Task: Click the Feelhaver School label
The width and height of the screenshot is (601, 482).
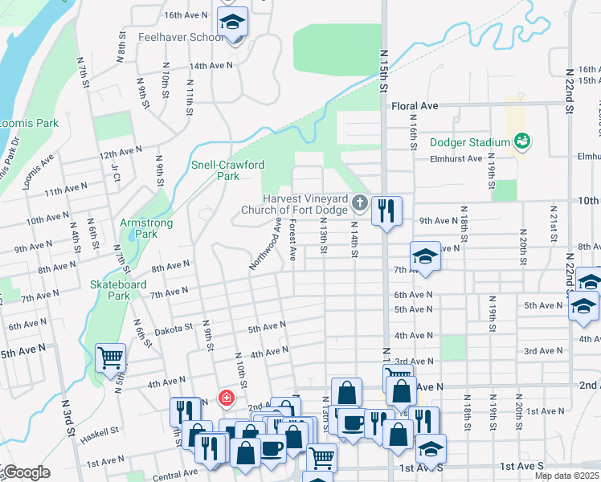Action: (x=181, y=37)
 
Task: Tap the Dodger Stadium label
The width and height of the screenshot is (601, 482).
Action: (x=470, y=142)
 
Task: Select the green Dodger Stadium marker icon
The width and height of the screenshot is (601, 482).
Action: (x=522, y=141)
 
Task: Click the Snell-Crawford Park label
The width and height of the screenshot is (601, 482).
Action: (x=227, y=170)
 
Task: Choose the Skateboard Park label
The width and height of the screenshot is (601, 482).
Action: (x=109, y=290)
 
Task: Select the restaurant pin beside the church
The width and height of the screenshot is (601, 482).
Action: (x=386, y=212)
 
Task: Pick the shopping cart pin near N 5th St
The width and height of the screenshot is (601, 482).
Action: (x=110, y=358)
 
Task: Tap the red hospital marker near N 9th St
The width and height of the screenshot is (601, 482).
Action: (x=227, y=398)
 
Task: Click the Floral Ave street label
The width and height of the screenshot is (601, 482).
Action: (x=415, y=105)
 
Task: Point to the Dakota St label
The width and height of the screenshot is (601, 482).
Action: (x=174, y=328)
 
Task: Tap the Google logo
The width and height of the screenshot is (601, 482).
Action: (x=26, y=472)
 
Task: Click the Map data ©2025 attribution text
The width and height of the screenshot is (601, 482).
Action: (x=566, y=476)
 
